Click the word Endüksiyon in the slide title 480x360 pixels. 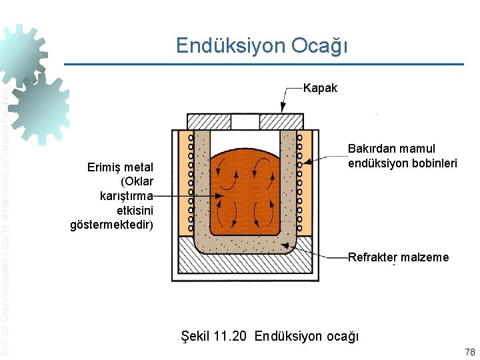229,46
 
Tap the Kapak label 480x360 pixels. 320,88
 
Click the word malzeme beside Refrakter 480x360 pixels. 425,257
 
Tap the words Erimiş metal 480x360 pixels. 120,167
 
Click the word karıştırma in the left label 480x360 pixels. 126,196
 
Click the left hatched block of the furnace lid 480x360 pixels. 209,122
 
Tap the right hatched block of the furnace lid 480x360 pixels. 281,122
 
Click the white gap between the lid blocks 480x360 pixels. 245,122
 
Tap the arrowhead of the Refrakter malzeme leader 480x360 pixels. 287,246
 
